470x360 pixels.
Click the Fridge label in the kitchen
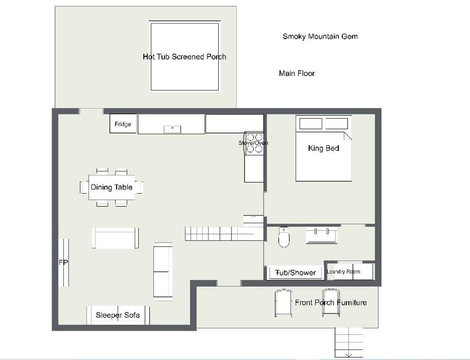click(x=123, y=124)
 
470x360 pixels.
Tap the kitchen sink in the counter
click(x=172, y=129)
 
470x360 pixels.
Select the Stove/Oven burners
click(x=254, y=143)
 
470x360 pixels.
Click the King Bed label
click(x=323, y=148)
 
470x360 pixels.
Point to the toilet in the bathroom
click(x=284, y=237)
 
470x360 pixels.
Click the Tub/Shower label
click(x=296, y=273)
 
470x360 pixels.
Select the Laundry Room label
click(x=343, y=272)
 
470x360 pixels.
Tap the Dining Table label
click(x=112, y=188)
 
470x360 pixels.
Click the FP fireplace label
click(x=63, y=262)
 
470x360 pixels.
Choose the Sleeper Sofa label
click(x=118, y=315)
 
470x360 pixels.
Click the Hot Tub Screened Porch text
click(x=184, y=57)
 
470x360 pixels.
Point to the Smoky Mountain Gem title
click(x=320, y=36)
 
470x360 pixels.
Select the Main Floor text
click(x=297, y=73)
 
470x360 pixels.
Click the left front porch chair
click(x=284, y=303)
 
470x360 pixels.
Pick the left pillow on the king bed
click(x=311, y=124)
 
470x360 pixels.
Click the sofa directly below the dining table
click(x=116, y=238)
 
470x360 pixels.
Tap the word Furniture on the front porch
click(x=351, y=303)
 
